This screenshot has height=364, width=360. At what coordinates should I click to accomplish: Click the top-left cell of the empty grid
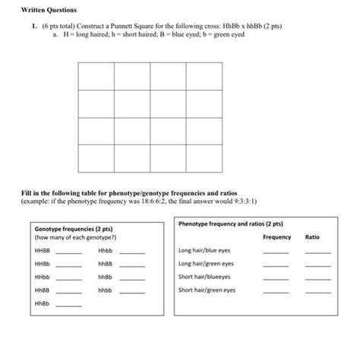click(96, 76)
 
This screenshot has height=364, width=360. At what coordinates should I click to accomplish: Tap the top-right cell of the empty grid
click(204, 76)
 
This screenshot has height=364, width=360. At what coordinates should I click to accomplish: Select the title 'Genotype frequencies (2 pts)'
click(74, 228)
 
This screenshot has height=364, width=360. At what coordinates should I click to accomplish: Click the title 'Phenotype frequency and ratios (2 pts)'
click(230, 224)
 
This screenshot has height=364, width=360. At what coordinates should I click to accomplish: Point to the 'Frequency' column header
click(276, 237)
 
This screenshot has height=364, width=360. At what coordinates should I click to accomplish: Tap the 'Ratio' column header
click(312, 237)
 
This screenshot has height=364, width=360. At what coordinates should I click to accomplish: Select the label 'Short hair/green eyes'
click(207, 290)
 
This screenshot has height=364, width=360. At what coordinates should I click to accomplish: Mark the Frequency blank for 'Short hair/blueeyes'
click(276, 279)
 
